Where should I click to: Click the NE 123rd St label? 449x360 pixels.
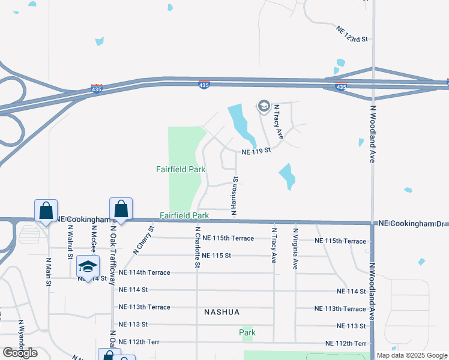(x=352, y=34)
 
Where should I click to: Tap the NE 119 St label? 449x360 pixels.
(x=257, y=152)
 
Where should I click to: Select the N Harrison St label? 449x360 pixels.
(x=235, y=195)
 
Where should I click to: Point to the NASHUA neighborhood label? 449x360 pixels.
(x=221, y=312)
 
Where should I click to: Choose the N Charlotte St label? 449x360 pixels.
(x=197, y=247)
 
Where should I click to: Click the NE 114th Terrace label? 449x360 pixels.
(x=145, y=272)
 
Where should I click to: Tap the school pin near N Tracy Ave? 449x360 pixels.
(x=263, y=107)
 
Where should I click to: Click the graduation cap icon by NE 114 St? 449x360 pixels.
(x=88, y=266)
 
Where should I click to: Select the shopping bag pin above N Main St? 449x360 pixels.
(x=46, y=211)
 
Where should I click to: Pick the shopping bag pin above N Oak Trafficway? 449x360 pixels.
(x=121, y=209)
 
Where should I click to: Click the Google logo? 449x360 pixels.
(x=20, y=353)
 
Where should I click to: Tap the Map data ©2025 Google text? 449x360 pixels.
(x=412, y=355)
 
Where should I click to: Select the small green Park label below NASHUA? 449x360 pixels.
(x=247, y=332)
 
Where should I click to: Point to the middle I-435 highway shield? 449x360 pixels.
(x=204, y=85)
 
